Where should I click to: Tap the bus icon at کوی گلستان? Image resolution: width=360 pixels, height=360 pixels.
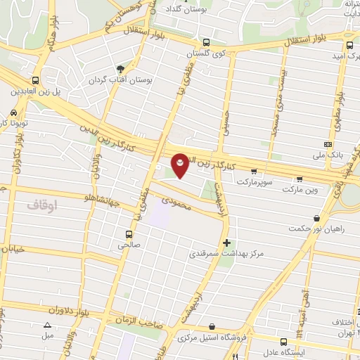[x=205, y=42]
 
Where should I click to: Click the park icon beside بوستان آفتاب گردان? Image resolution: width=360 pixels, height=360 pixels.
[x=120, y=68]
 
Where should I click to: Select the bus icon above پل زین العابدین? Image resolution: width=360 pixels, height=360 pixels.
[x=35, y=81]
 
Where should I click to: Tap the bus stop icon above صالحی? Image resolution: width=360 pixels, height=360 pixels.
[x=128, y=234]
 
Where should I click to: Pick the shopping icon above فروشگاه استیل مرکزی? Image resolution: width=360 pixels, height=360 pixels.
[x=213, y=327]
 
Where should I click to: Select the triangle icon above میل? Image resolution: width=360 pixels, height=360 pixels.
[x=47, y=324]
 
